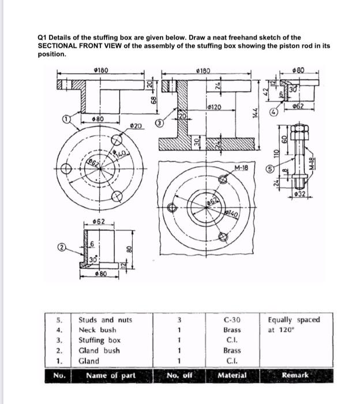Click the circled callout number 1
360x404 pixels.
[67, 119]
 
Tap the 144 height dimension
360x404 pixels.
[262, 115]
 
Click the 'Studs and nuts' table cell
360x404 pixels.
[105, 320]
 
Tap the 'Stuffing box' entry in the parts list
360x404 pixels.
[99, 341]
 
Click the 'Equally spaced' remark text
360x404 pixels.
[294, 320]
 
